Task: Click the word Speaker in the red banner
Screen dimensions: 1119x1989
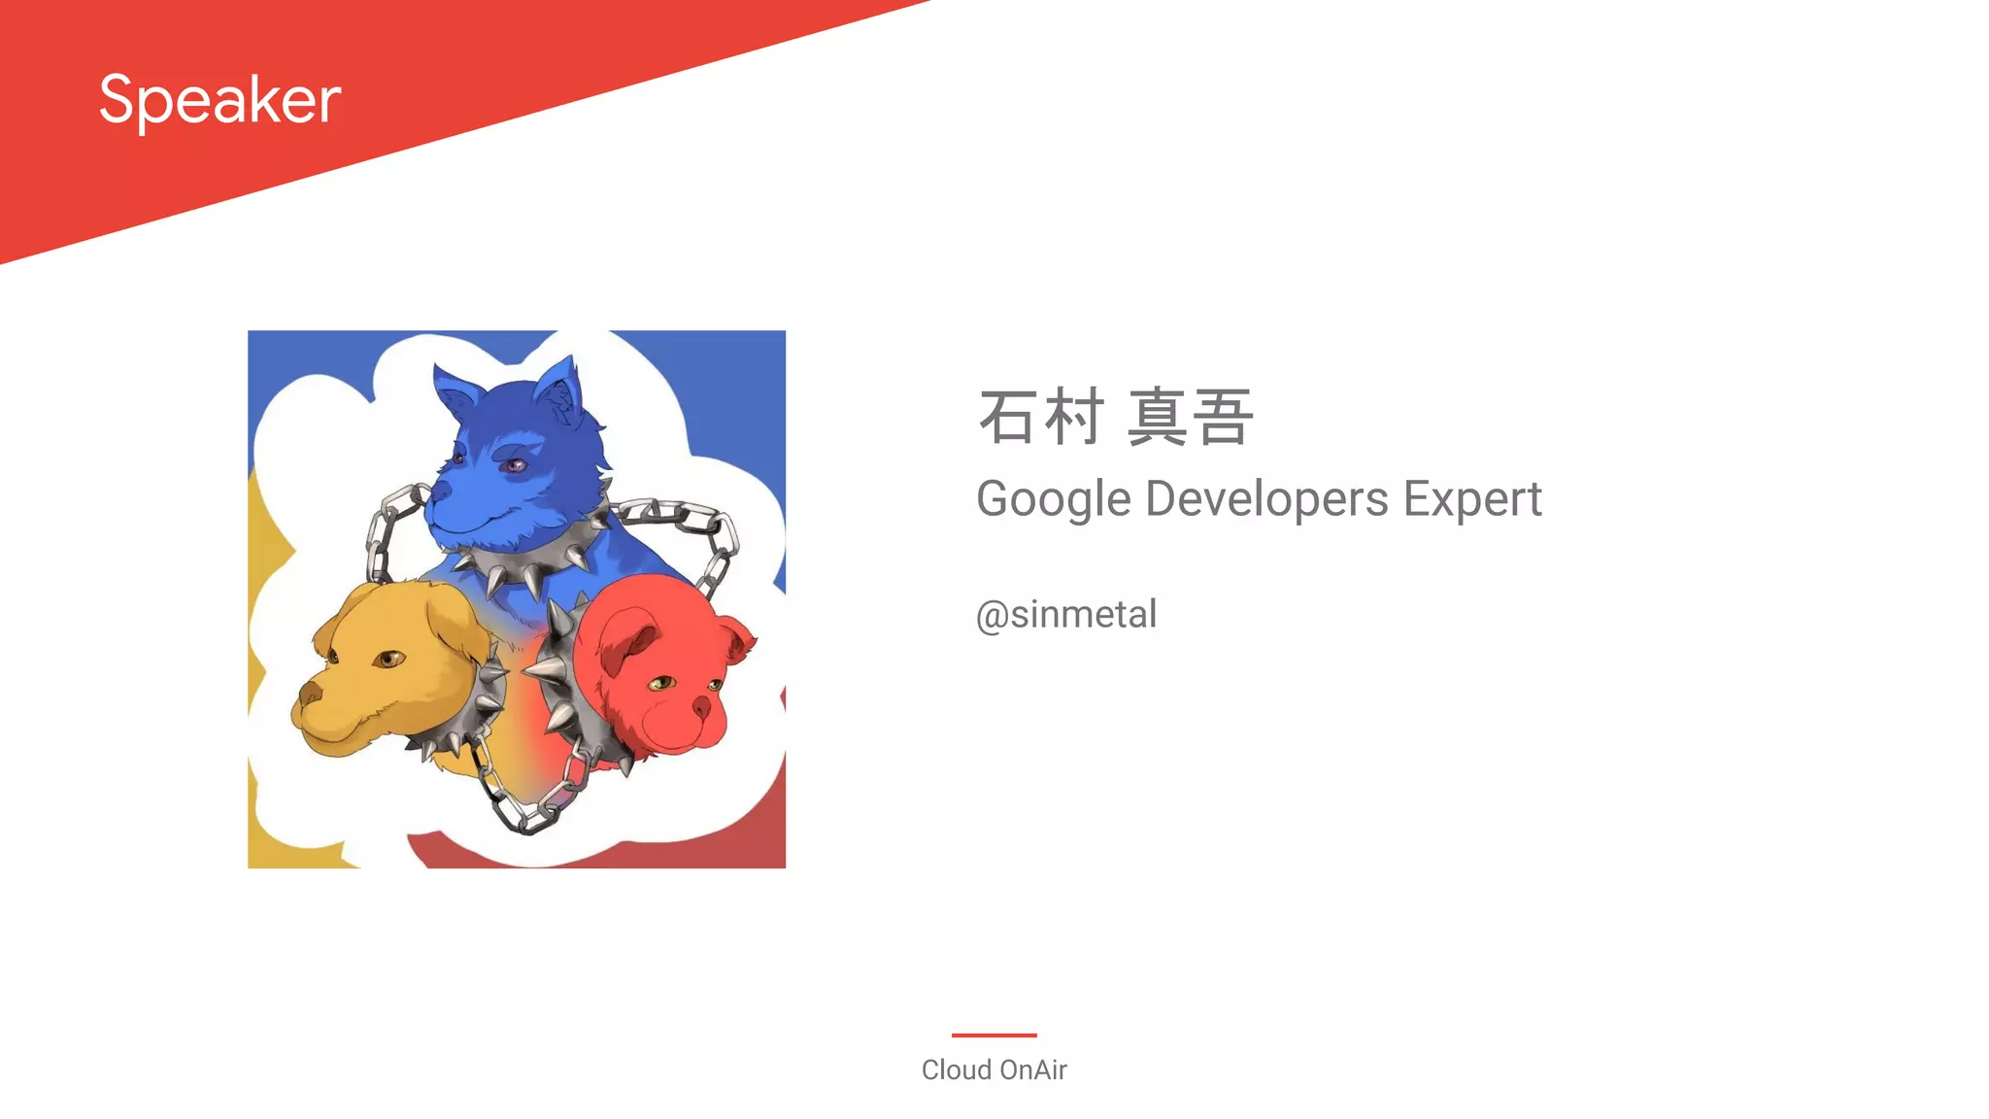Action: point(219,100)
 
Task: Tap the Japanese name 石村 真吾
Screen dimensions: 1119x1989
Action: point(1115,418)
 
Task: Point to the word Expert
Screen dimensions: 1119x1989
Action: point(1472,499)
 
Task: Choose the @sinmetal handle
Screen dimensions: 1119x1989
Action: point(1066,615)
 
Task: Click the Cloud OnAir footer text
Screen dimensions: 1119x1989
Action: point(994,1069)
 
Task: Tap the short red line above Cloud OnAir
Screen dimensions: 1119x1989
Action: point(994,1035)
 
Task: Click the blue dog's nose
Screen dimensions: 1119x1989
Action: point(440,492)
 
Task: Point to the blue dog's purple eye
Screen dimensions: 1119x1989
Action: point(513,465)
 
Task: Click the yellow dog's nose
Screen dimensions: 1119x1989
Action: point(310,694)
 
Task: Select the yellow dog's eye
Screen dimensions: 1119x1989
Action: point(388,661)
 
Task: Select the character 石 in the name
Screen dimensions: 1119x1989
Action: point(1007,418)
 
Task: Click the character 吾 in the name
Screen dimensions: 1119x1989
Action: point(1223,418)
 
